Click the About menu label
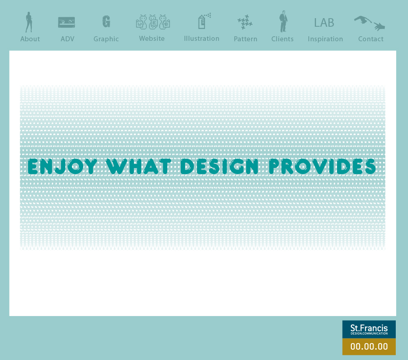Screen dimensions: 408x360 30,39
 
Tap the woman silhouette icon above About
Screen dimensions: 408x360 29,22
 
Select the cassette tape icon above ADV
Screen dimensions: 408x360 66,22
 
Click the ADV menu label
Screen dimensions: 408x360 68,39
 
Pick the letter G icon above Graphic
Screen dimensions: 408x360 106,21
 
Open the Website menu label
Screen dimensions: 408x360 152,39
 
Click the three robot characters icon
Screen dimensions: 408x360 153,22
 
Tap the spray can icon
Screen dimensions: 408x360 204,21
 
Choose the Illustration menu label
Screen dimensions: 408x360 201,39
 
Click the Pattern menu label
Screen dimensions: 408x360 245,39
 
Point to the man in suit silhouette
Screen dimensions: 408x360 283,21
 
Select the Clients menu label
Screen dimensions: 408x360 282,39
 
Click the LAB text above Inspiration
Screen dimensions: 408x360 324,23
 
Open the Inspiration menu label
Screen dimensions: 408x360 325,39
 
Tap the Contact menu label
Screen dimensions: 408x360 370,39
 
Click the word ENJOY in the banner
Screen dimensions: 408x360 62,166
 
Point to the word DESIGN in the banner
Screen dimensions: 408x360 219,166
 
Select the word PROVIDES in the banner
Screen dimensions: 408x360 322,166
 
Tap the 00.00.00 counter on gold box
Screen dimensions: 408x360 369,346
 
